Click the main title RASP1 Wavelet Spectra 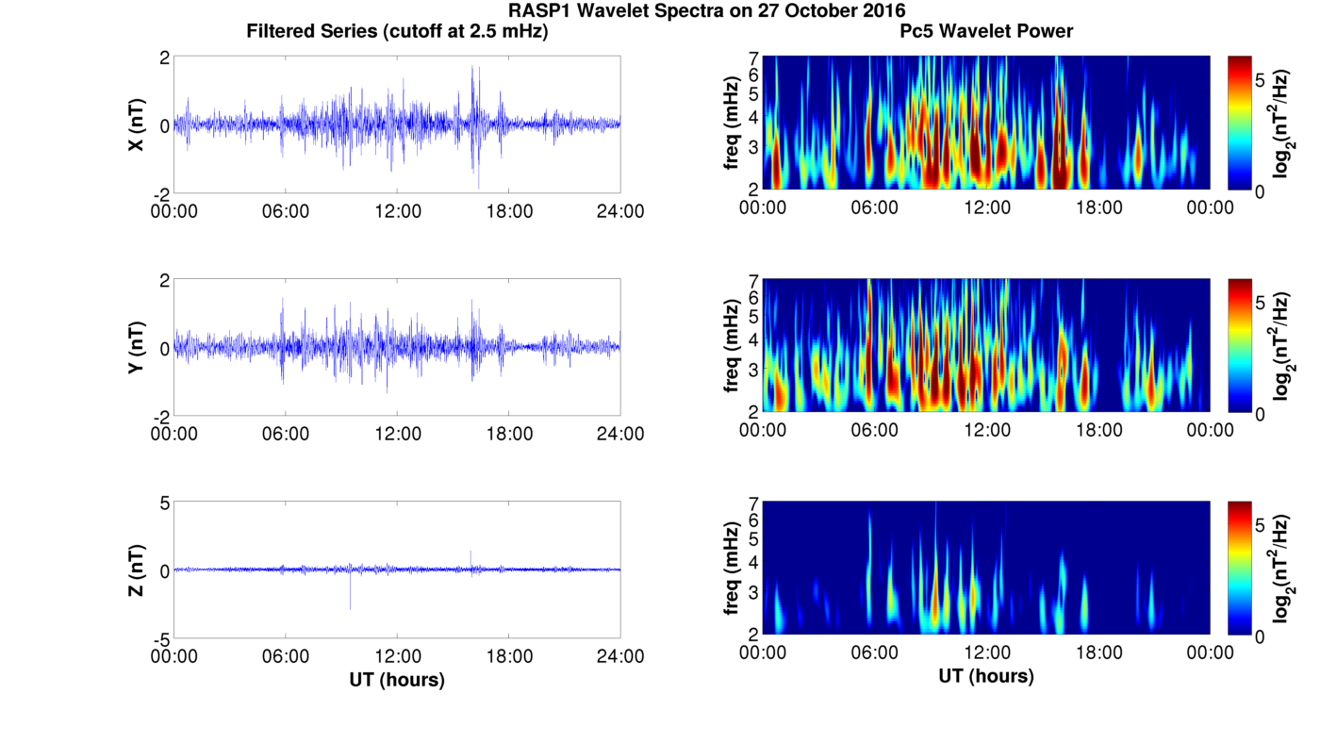(706, 11)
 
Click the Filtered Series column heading (397, 31)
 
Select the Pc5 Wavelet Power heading (986, 31)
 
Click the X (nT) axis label (137, 124)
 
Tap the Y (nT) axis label (137, 348)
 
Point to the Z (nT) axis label (137, 570)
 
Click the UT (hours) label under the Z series (397, 679)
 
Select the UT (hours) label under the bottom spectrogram (986, 676)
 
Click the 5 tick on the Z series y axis (164, 504)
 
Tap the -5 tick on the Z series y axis (160, 638)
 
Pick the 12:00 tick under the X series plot (397, 211)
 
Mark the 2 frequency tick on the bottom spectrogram (753, 634)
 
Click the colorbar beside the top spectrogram (1240, 123)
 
